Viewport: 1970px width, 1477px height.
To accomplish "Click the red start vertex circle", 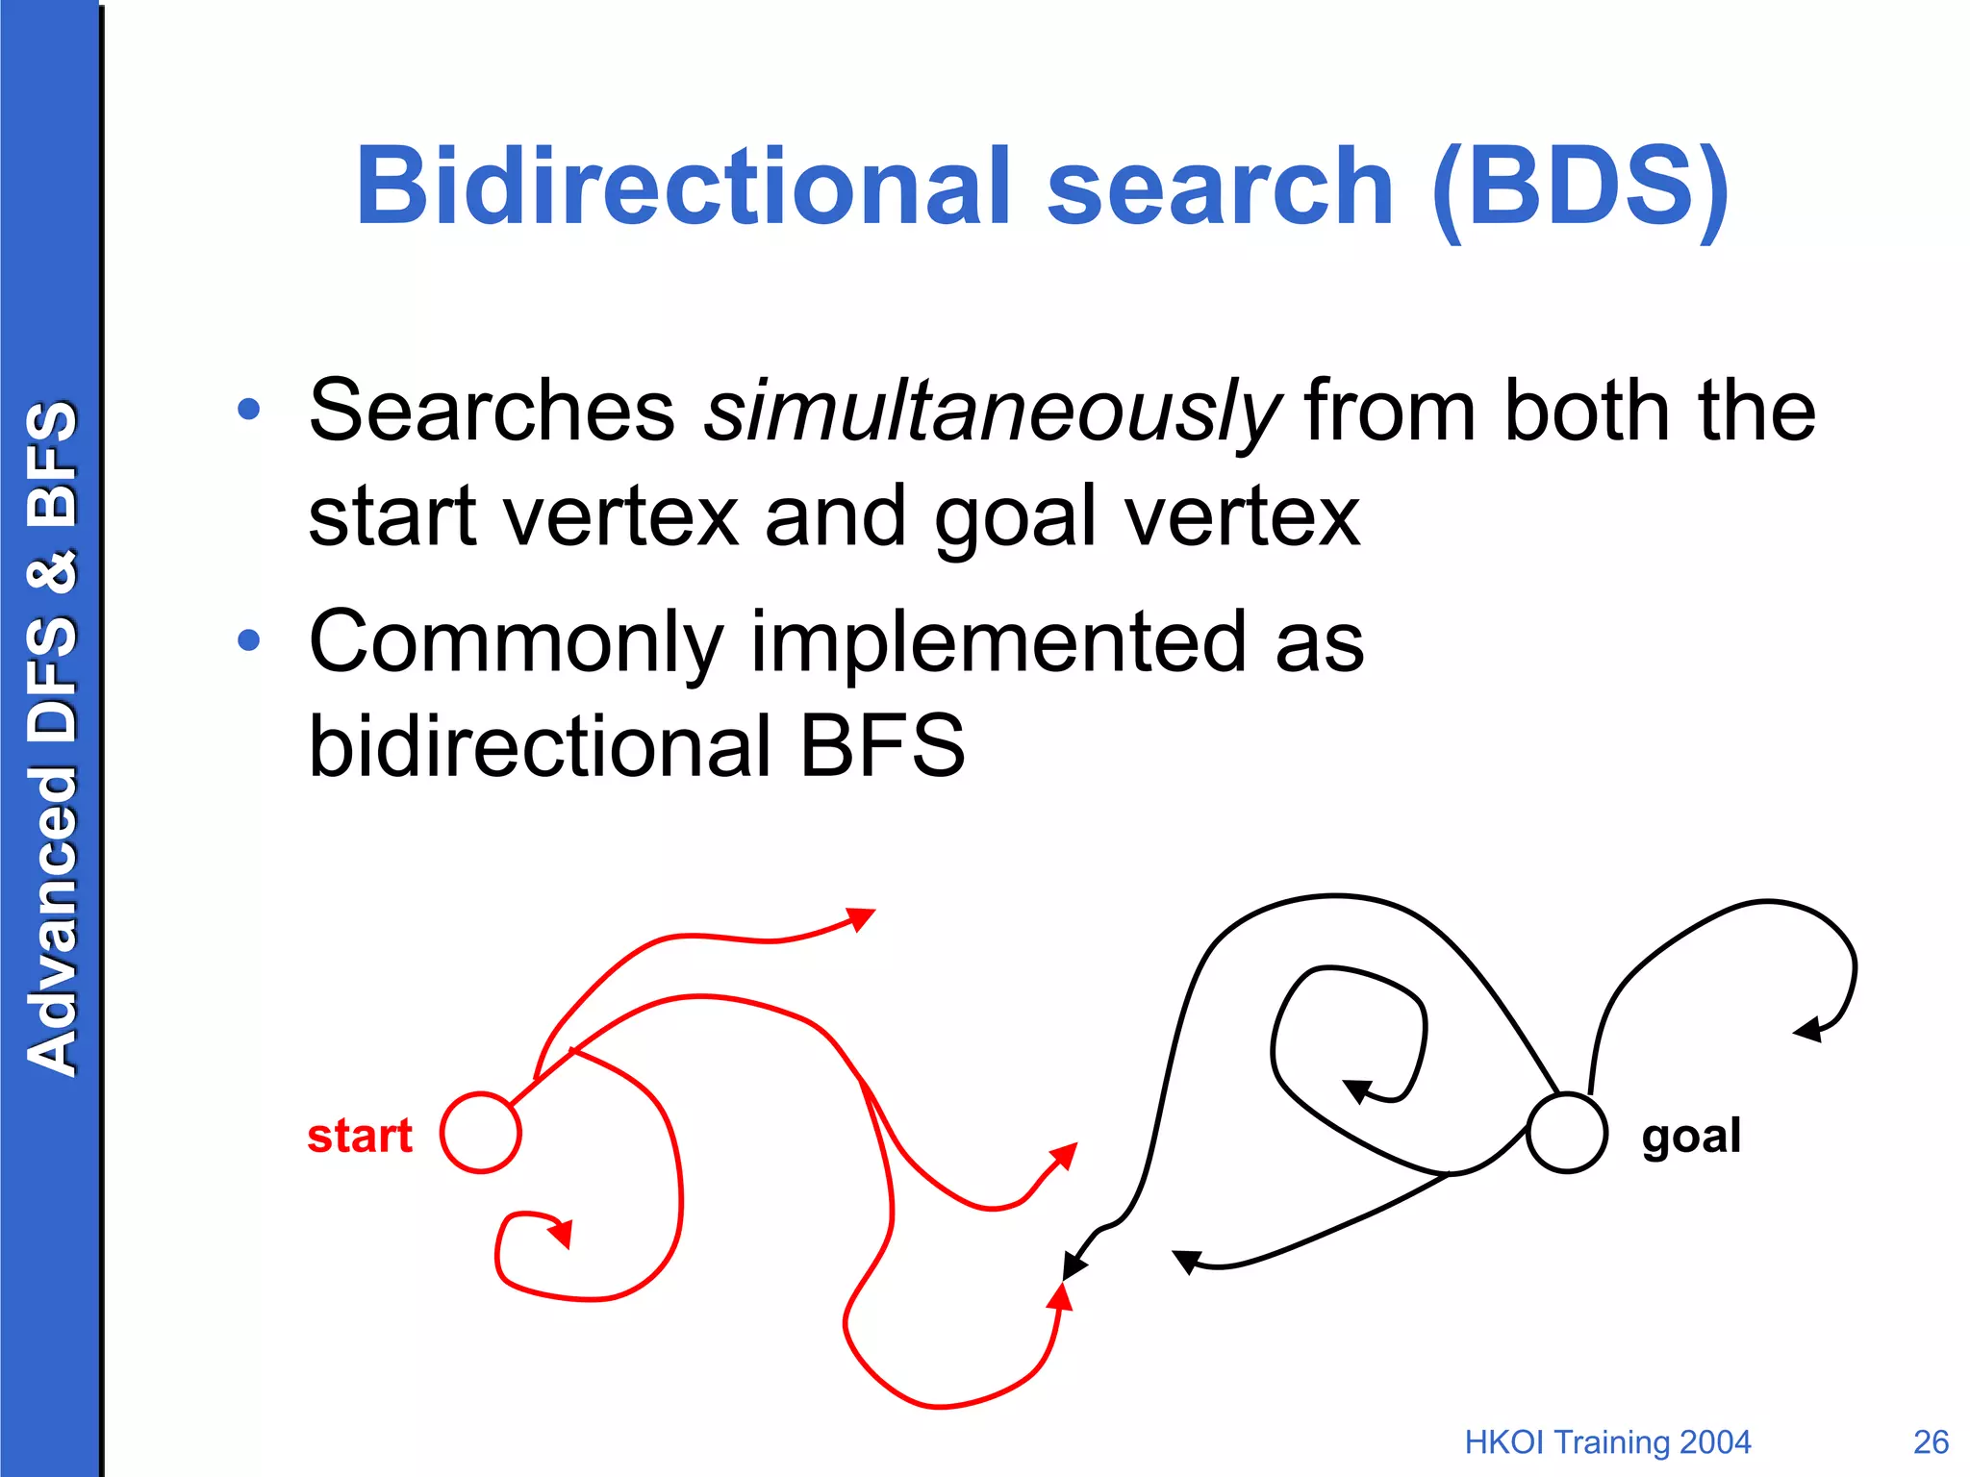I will coord(481,1133).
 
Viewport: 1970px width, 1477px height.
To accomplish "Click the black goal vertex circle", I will coord(1567,1133).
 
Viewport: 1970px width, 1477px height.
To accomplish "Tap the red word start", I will coord(360,1136).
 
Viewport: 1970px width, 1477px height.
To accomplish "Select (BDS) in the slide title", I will coord(1580,187).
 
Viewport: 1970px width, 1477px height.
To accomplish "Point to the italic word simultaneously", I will coord(991,412).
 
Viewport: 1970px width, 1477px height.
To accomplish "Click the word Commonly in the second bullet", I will coord(516,642).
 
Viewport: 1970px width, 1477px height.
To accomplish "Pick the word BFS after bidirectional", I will coord(882,746).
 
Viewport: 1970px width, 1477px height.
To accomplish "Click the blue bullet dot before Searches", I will coord(249,410).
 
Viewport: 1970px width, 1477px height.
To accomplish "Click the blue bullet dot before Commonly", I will coord(249,639).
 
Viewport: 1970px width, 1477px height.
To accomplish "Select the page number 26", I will coord(1931,1442).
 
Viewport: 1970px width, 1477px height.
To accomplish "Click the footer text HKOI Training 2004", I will coord(1607,1442).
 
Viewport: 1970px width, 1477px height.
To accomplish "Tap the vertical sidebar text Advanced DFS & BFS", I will coord(52,738).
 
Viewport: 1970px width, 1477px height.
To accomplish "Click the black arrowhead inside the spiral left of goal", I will coord(1356,1090).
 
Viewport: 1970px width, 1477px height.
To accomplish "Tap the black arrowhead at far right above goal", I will coord(1808,1030).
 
